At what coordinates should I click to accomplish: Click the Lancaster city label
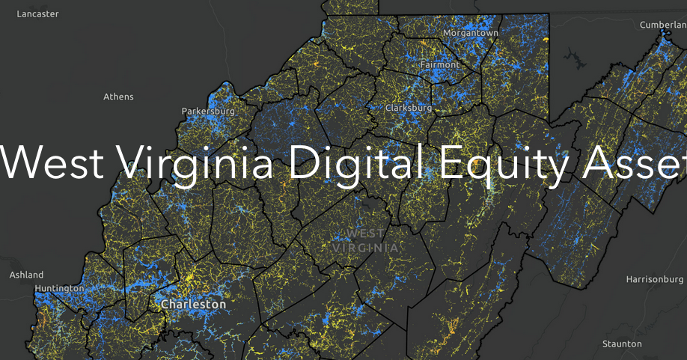[x=37, y=13]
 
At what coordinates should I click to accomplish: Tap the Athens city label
[x=118, y=97]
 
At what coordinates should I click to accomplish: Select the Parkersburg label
[x=208, y=112]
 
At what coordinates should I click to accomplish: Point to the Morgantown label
[x=471, y=33]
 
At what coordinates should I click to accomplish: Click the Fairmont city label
[x=439, y=64]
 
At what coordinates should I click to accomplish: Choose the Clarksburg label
[x=409, y=108]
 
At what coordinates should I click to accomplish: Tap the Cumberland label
[x=662, y=25]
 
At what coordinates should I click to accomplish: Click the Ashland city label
[x=26, y=275]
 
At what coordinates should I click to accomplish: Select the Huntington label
[x=59, y=288]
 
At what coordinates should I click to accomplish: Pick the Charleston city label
[x=193, y=305]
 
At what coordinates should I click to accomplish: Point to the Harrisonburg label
[x=656, y=279]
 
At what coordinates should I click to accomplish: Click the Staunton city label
[x=622, y=344]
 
